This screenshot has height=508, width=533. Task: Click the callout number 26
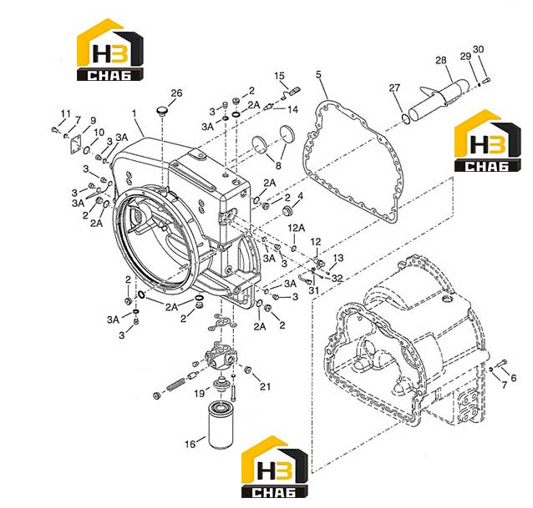176,93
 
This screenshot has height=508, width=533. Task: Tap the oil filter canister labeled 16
221,425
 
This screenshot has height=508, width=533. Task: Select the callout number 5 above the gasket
318,74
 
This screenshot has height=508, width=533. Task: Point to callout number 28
441,60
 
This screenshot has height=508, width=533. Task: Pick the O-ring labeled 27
405,118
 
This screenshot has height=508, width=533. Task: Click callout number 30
478,49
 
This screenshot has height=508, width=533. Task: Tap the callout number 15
279,76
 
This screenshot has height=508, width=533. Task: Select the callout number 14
292,109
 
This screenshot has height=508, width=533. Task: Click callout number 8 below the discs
278,166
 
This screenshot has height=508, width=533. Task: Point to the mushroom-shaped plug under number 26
162,111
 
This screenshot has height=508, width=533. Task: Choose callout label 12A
297,228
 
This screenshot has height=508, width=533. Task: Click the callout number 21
265,386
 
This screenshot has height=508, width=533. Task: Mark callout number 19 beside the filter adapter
200,393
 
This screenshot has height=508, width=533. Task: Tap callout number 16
190,444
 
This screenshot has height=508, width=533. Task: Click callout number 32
338,279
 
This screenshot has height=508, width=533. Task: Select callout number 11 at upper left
66,113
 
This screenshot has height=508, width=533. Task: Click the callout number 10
99,133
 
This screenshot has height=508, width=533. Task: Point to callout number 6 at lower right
513,377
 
